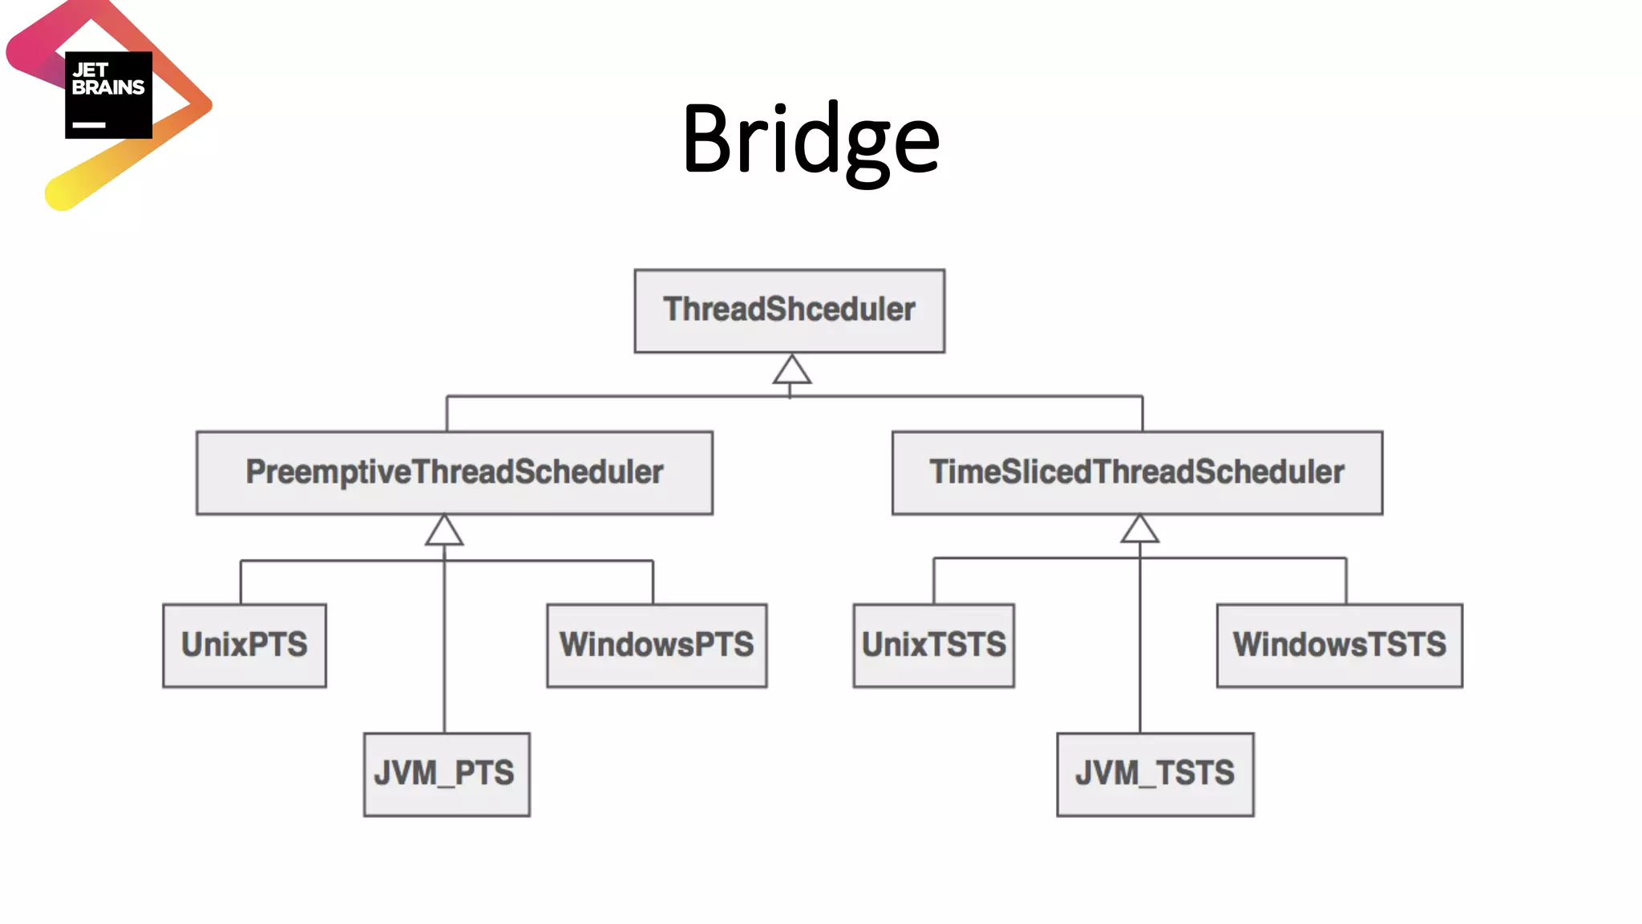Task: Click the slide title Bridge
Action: [811, 140]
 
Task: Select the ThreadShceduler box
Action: [789, 310]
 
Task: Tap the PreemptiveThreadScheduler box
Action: [455, 472]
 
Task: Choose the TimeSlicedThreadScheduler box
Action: [1137, 472]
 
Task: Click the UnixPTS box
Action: [245, 645]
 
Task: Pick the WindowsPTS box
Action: [657, 645]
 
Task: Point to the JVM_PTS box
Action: [447, 774]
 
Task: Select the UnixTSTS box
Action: [933, 645]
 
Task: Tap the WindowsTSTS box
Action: [1339, 645]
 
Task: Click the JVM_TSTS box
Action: [1155, 774]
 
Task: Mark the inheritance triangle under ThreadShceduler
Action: [791, 371]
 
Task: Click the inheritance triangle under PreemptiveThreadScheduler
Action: [444, 532]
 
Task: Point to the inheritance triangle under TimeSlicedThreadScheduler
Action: [1139, 530]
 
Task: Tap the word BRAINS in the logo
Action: [108, 87]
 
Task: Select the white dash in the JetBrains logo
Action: [89, 125]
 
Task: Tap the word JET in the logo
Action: [90, 71]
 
